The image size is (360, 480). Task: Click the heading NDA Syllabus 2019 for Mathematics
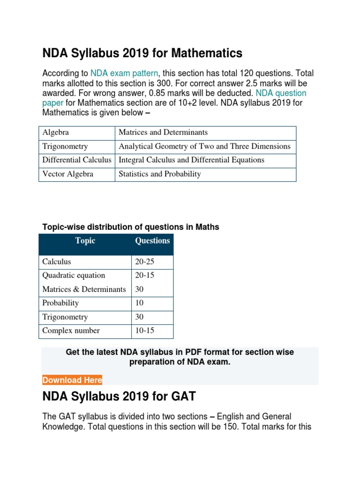(142, 53)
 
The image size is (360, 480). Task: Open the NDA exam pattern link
(124, 74)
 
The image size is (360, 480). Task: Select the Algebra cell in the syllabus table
(55, 133)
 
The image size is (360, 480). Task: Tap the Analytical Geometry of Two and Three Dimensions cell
(204, 146)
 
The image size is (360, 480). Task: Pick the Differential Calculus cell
(77, 160)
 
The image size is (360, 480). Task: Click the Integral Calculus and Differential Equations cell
(191, 160)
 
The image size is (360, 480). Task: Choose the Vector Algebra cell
(67, 174)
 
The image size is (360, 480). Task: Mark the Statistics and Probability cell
(160, 174)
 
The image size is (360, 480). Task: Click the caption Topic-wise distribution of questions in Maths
(131, 227)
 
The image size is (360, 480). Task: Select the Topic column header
(85, 241)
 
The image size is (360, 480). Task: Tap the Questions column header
(152, 241)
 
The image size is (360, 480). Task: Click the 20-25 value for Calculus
(144, 262)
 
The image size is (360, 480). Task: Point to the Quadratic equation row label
(74, 276)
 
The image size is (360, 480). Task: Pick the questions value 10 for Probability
(140, 303)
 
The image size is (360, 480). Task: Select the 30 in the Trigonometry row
(140, 317)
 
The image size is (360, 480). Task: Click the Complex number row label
(71, 331)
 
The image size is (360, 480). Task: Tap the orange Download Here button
(72, 380)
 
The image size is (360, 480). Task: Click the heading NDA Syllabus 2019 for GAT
(119, 397)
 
